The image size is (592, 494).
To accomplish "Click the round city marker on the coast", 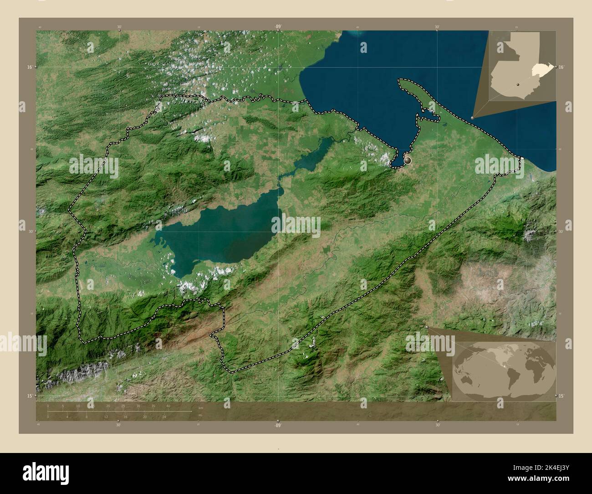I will [407, 160].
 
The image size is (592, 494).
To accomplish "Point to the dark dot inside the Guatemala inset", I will [518, 85].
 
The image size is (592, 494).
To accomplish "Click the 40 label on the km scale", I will [168, 406].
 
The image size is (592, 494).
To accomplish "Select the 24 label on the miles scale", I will [164, 417].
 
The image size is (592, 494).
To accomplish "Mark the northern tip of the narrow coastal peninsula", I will [401, 81].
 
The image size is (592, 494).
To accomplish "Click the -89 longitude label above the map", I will [277, 26].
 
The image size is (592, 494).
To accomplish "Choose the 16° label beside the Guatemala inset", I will [561, 67].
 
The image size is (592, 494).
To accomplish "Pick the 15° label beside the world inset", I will [561, 396].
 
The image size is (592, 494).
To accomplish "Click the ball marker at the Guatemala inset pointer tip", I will [473, 118].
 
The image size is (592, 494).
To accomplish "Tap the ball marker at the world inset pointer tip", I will [426, 326].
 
